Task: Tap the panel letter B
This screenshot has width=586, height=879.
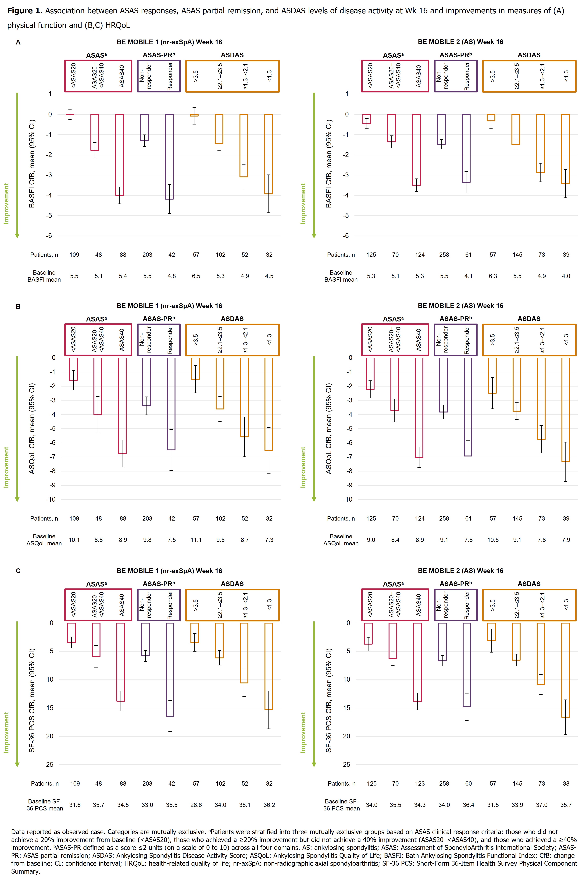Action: (18, 306)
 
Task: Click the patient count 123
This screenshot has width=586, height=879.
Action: (420, 783)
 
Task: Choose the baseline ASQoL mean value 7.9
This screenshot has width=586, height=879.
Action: (566, 540)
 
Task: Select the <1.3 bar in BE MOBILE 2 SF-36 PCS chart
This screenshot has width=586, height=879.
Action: (565, 670)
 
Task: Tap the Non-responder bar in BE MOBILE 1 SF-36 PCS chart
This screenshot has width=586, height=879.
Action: (145, 639)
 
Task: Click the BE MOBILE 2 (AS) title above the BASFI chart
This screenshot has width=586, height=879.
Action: (460, 42)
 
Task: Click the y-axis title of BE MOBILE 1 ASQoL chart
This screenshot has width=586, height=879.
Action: (32, 428)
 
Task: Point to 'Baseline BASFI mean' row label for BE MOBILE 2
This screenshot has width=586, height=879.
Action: (341, 276)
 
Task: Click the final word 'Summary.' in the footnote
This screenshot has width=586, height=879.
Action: (25, 871)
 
